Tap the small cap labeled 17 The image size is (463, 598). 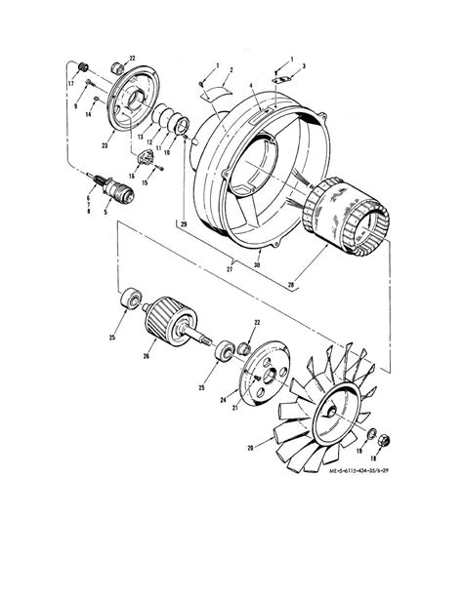point(82,67)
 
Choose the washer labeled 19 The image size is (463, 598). point(372,432)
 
